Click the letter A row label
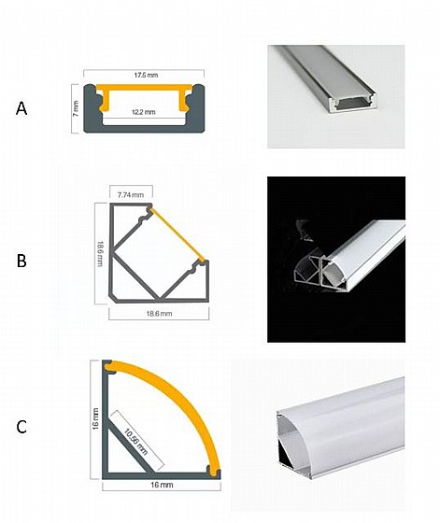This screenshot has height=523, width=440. click(x=21, y=109)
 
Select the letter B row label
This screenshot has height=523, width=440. click(x=21, y=261)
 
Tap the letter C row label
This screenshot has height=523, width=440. click(x=21, y=427)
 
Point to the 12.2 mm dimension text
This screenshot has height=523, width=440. click(x=144, y=112)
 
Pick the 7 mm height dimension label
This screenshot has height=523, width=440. click(x=76, y=108)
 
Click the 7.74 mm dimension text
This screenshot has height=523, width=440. click(x=131, y=195)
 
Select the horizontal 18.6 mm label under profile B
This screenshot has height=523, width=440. click(x=159, y=314)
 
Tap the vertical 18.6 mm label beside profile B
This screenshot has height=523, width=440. click(x=100, y=253)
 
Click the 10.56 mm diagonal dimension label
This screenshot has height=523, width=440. click(x=135, y=442)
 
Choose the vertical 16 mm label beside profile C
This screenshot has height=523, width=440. click(x=95, y=418)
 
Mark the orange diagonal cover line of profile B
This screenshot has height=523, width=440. click(x=177, y=234)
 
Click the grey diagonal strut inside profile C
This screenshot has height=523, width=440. click(x=128, y=445)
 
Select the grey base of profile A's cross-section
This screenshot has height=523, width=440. click(x=144, y=129)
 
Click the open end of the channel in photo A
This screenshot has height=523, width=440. click(x=353, y=104)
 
